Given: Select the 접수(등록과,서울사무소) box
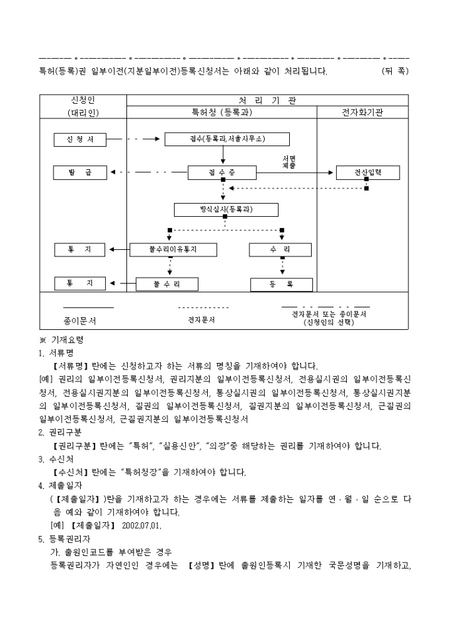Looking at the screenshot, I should coord(226,139).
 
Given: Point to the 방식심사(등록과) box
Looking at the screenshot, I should coord(226,210).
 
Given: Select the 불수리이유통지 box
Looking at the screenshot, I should coord(173,250).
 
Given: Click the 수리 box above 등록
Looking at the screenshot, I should coord(281,250).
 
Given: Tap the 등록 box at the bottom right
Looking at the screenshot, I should coord(281,284).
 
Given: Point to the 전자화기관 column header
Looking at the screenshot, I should coord(363,112).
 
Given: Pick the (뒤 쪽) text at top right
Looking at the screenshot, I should coord(394,71).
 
